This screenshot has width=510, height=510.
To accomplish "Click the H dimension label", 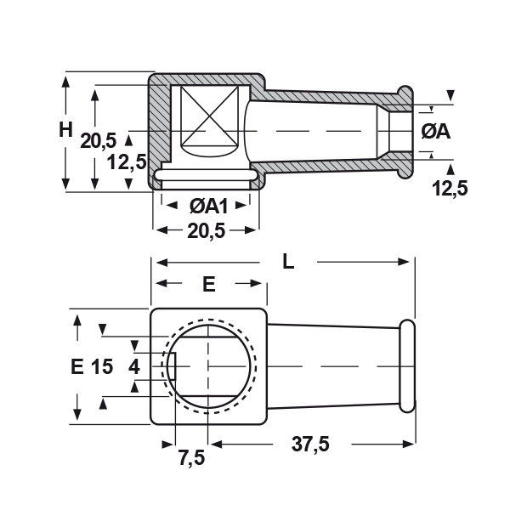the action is click(65, 130).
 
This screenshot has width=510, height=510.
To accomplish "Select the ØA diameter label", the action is click(436, 132).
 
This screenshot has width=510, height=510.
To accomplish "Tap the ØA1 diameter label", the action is click(209, 206).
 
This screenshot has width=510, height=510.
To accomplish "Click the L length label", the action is click(288, 262).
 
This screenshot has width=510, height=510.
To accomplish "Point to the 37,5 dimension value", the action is click(310, 444).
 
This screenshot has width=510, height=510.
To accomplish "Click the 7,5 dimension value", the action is click(191, 457).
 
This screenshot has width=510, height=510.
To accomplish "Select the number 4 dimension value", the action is click(134, 367).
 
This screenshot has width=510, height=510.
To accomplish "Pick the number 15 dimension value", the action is click(102, 366).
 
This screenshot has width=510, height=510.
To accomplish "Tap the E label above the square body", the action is click(209, 285).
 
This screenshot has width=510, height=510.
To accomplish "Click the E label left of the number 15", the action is click(77, 366).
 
